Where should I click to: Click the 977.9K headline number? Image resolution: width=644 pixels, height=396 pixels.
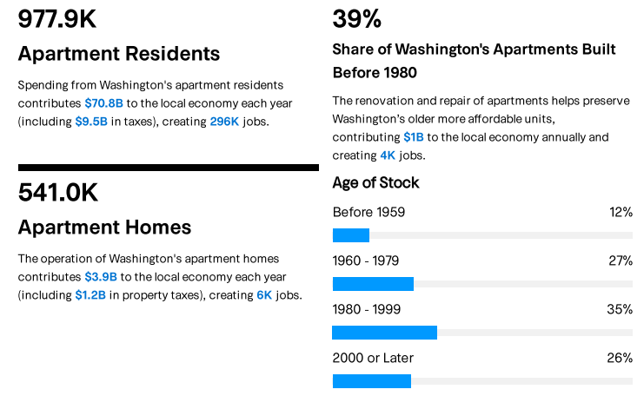(x=57, y=19)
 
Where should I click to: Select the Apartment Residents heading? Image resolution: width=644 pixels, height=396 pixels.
(x=119, y=54)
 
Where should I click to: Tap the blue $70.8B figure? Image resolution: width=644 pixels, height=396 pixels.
(x=103, y=103)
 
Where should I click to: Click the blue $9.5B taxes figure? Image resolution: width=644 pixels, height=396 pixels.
(x=93, y=121)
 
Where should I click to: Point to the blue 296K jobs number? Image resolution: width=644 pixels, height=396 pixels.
(x=224, y=121)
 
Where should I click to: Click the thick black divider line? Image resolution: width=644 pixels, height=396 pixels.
(x=168, y=168)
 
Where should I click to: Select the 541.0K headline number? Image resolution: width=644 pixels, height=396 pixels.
(x=57, y=193)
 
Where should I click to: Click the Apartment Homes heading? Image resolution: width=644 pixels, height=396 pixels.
(x=104, y=228)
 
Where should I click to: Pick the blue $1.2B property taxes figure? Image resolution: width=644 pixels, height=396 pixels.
(x=90, y=294)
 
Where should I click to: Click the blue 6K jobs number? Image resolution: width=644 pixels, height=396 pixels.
(x=264, y=294)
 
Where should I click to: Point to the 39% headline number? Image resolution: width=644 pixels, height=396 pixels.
(x=357, y=19)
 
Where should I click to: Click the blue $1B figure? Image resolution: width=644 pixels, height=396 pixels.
(x=414, y=137)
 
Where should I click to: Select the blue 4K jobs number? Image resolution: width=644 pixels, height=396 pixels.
(x=388, y=155)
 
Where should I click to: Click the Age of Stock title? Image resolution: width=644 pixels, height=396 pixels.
(x=375, y=183)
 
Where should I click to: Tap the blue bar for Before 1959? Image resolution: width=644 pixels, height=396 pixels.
(x=351, y=235)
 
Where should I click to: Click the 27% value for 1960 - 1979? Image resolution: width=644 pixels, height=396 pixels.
(x=621, y=261)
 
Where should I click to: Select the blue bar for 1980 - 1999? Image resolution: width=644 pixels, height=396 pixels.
(x=384, y=333)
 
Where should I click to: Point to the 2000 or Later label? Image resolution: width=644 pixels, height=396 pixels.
(x=373, y=358)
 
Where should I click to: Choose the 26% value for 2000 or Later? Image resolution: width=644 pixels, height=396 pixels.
(x=620, y=358)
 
